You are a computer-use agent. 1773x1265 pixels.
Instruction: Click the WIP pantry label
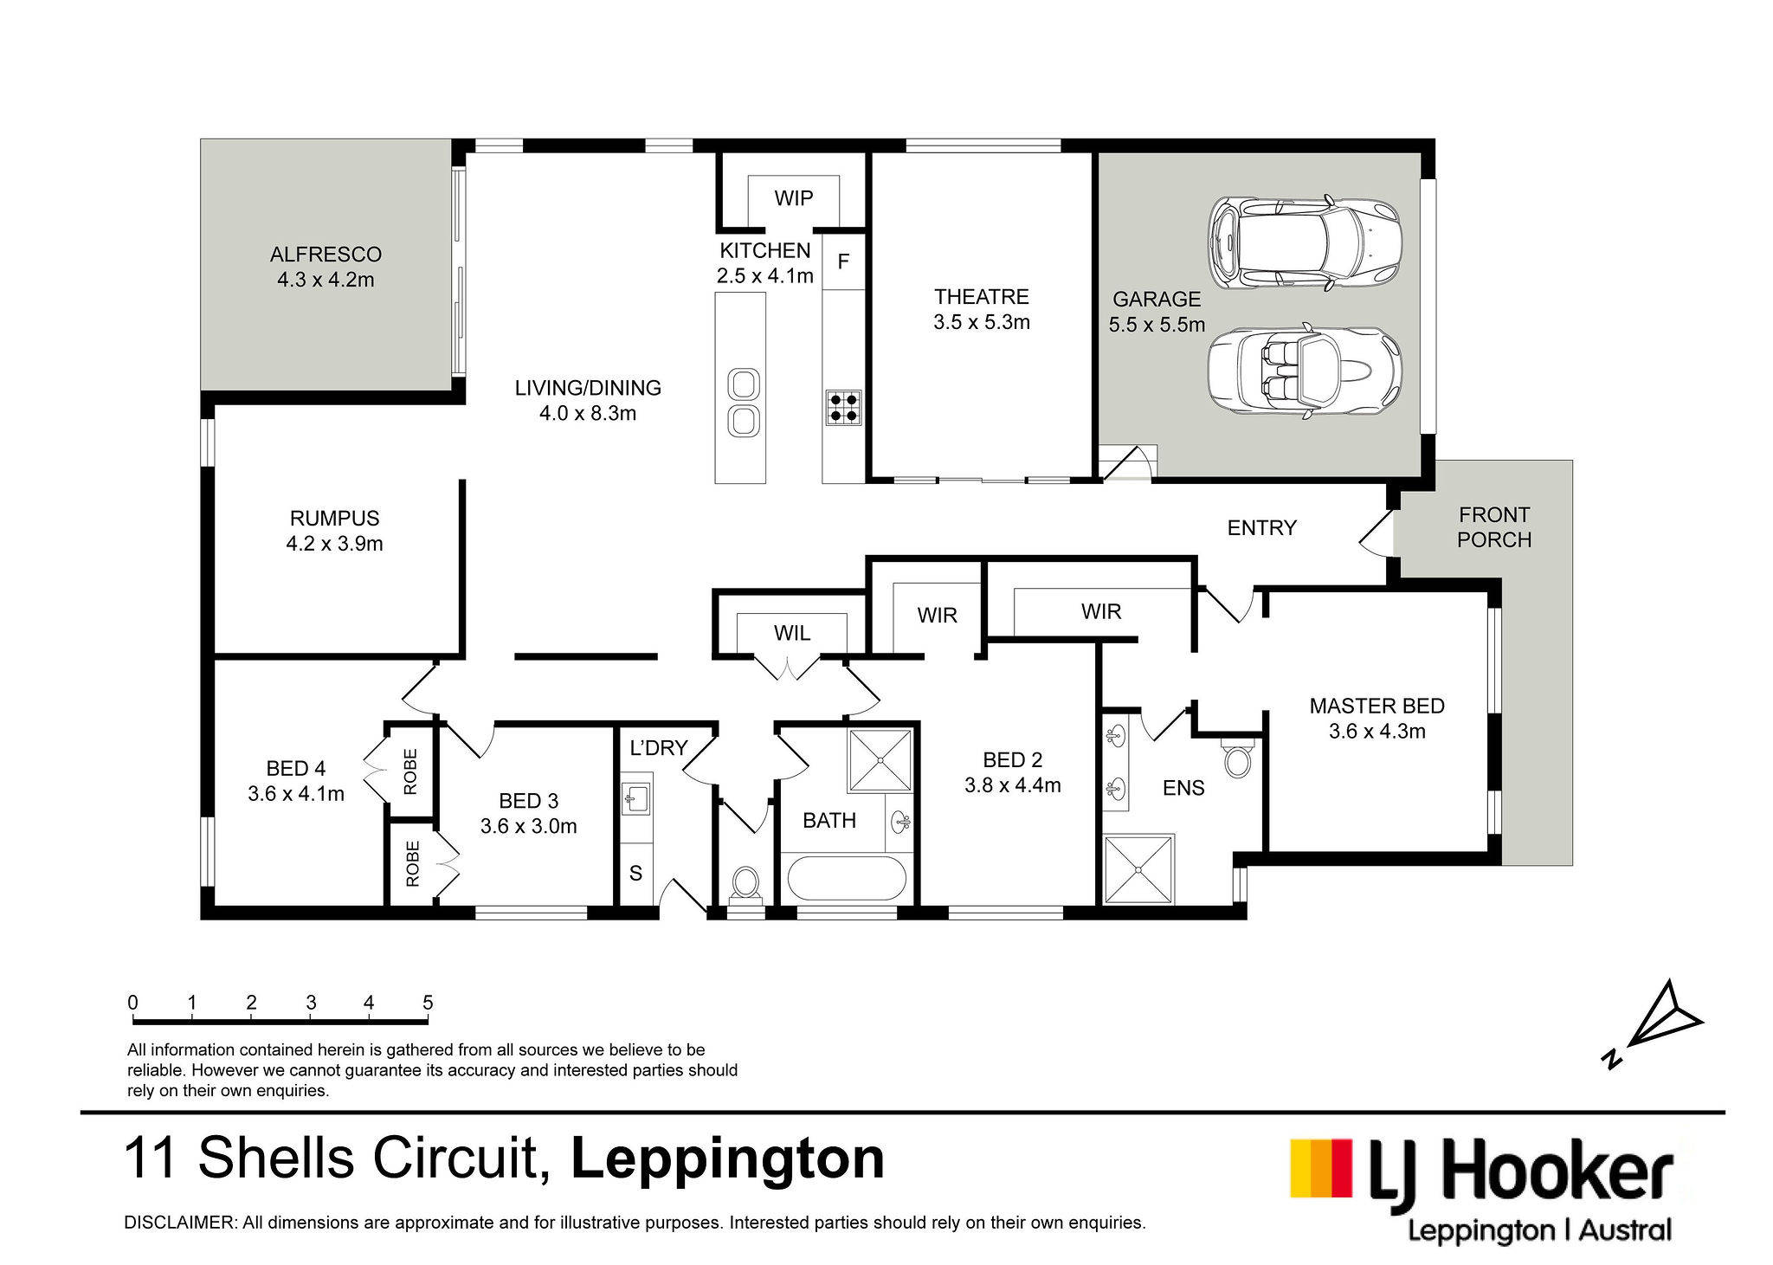tap(793, 198)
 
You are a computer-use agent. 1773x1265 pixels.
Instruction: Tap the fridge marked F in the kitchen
tap(843, 261)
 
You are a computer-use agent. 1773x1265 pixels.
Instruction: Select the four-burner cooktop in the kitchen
tap(843, 408)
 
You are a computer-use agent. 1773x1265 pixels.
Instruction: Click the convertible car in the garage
tap(1304, 371)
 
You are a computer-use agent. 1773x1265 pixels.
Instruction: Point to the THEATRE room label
tap(982, 297)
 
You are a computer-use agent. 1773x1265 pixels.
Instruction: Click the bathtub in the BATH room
tap(847, 878)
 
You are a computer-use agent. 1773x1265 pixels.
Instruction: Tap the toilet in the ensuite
tap(1238, 758)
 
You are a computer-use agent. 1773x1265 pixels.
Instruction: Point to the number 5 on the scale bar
tap(428, 1003)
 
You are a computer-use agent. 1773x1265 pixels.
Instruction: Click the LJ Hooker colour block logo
tap(1321, 1168)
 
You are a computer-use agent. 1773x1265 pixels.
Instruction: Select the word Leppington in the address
tap(728, 1159)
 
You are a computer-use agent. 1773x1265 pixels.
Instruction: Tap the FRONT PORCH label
tap(1494, 527)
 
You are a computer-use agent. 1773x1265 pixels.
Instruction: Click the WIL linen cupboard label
tap(792, 633)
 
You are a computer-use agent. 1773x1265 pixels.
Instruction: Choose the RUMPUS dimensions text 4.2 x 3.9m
tap(334, 544)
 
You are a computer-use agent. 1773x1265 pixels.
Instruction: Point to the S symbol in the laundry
tap(635, 874)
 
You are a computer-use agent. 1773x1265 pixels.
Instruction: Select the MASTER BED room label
tap(1377, 707)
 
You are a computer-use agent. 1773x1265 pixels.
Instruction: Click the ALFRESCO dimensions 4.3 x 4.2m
tap(326, 280)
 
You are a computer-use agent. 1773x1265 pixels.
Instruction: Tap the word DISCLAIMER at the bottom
tap(179, 1223)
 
